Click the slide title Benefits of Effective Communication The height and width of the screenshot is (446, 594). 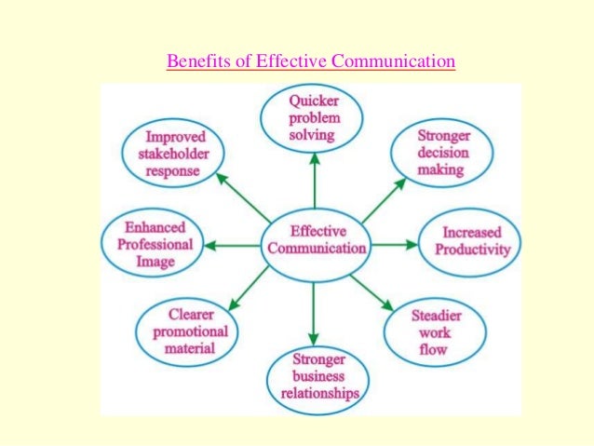click(310, 62)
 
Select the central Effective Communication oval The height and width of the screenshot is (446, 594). click(315, 240)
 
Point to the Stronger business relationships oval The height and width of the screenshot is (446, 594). click(314, 376)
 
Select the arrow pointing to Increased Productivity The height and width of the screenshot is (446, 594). click(396, 245)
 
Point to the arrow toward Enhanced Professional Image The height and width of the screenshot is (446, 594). click(232, 245)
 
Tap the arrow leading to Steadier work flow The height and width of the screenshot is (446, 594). click(372, 290)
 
